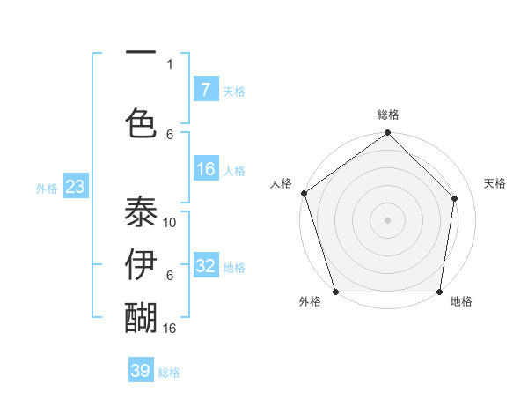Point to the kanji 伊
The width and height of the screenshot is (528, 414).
pyautogui.click(x=142, y=264)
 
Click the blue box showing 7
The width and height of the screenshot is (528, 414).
pyautogui.click(x=205, y=89)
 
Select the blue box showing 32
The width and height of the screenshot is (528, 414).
pyautogui.click(x=206, y=266)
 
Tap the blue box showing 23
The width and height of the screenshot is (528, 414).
pyautogui.click(x=75, y=186)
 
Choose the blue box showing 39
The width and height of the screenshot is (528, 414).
pyautogui.click(x=141, y=371)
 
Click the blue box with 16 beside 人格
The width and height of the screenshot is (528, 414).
pyautogui.click(x=206, y=169)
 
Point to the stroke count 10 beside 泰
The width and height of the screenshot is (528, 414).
pyautogui.click(x=171, y=223)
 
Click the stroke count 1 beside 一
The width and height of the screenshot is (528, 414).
pyautogui.click(x=170, y=63)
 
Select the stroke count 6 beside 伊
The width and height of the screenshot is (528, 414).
pyautogui.click(x=170, y=276)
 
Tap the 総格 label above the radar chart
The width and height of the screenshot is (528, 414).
pyautogui.click(x=387, y=115)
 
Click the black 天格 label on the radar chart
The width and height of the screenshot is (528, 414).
pyautogui.click(x=495, y=183)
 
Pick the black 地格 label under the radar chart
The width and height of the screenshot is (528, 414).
pyautogui.click(x=461, y=302)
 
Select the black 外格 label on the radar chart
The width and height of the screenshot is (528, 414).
pyautogui.click(x=310, y=302)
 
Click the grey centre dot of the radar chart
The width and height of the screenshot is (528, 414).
pyautogui.click(x=387, y=219)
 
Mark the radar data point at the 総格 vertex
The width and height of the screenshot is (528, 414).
pyautogui.click(x=387, y=134)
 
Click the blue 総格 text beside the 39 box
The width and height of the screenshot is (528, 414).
pyautogui.click(x=169, y=373)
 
